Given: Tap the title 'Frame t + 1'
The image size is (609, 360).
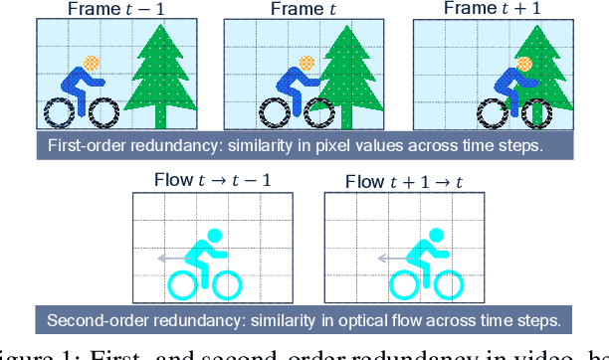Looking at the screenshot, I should [x=490, y=9].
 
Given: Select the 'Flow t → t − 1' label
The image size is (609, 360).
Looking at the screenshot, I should [x=212, y=182].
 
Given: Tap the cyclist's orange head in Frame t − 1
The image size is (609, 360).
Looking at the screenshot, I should [x=93, y=63].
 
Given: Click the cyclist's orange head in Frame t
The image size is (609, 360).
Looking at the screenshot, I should [x=306, y=63].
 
